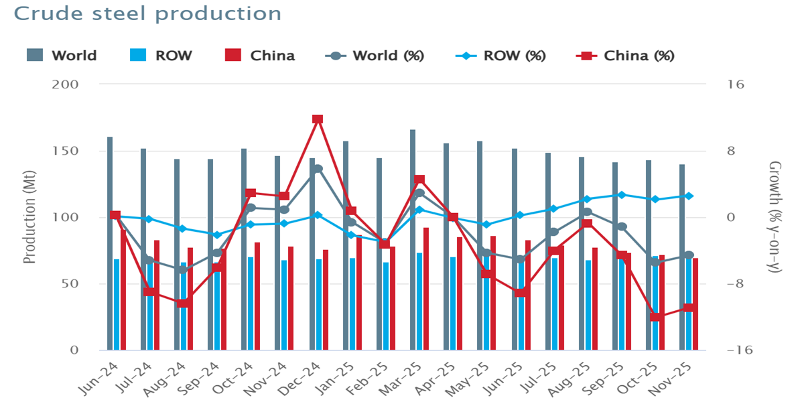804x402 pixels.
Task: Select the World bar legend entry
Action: coord(62,56)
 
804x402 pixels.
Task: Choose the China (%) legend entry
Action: coord(626,56)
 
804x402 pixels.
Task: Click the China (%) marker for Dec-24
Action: coord(318,119)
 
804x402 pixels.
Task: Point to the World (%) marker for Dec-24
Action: coord(318,169)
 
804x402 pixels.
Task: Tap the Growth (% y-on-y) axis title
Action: coord(775,216)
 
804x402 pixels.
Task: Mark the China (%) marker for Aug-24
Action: coord(183,303)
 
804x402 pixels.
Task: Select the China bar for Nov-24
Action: coord(291,298)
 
